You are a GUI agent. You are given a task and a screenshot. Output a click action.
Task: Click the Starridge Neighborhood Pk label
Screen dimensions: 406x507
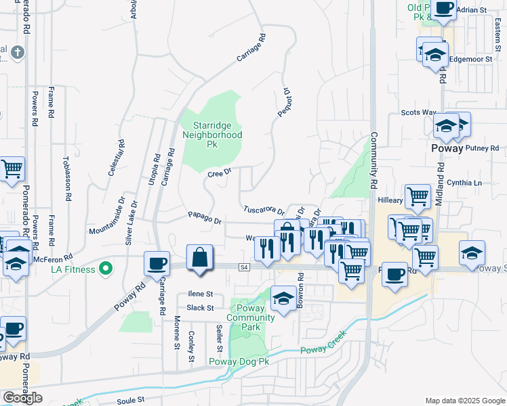click(x=212, y=135)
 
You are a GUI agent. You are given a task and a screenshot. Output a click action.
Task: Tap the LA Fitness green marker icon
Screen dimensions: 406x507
click(x=105, y=269)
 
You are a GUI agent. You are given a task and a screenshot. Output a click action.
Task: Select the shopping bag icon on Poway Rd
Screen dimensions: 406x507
click(x=200, y=258)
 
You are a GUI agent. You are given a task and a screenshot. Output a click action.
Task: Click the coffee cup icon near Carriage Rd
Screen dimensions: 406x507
click(x=158, y=263)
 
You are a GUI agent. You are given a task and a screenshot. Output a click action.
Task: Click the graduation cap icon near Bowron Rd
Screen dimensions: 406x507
click(x=283, y=296)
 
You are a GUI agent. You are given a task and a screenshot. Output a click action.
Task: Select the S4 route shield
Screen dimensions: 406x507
click(x=245, y=267)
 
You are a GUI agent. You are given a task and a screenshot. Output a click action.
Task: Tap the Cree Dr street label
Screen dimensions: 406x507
click(x=220, y=174)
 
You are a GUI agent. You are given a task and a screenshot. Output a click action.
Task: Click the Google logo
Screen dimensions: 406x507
click(x=22, y=397)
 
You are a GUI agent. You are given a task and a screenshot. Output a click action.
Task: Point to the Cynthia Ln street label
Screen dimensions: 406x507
click(x=468, y=183)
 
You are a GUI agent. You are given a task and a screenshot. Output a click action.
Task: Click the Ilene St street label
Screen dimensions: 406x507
click(x=200, y=294)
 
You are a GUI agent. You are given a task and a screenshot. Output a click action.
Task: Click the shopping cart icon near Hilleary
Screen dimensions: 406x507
click(x=418, y=197)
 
